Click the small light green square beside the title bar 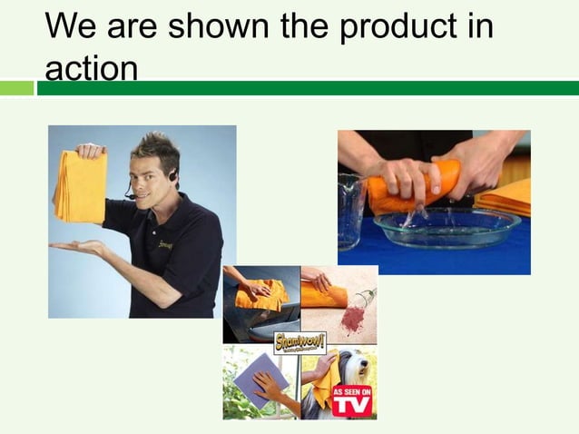tap(16, 88)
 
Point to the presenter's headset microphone tap(130, 195)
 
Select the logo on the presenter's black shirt tap(165, 245)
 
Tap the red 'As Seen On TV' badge tap(351, 399)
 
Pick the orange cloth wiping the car tap(260, 294)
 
